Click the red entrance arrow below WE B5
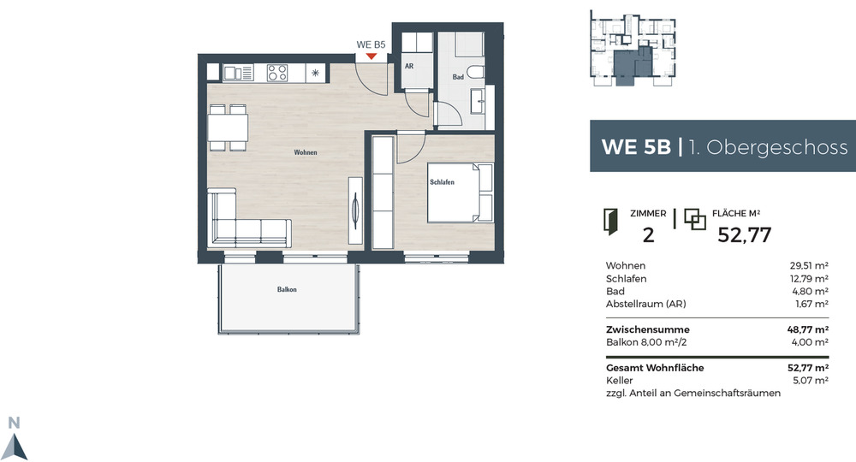(x=371, y=56)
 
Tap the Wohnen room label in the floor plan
(x=306, y=152)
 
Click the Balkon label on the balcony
(x=287, y=290)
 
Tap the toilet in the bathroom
(x=475, y=72)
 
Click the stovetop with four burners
(x=277, y=74)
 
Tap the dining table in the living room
(x=228, y=128)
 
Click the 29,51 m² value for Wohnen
(x=808, y=266)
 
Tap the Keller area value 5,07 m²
(x=810, y=381)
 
